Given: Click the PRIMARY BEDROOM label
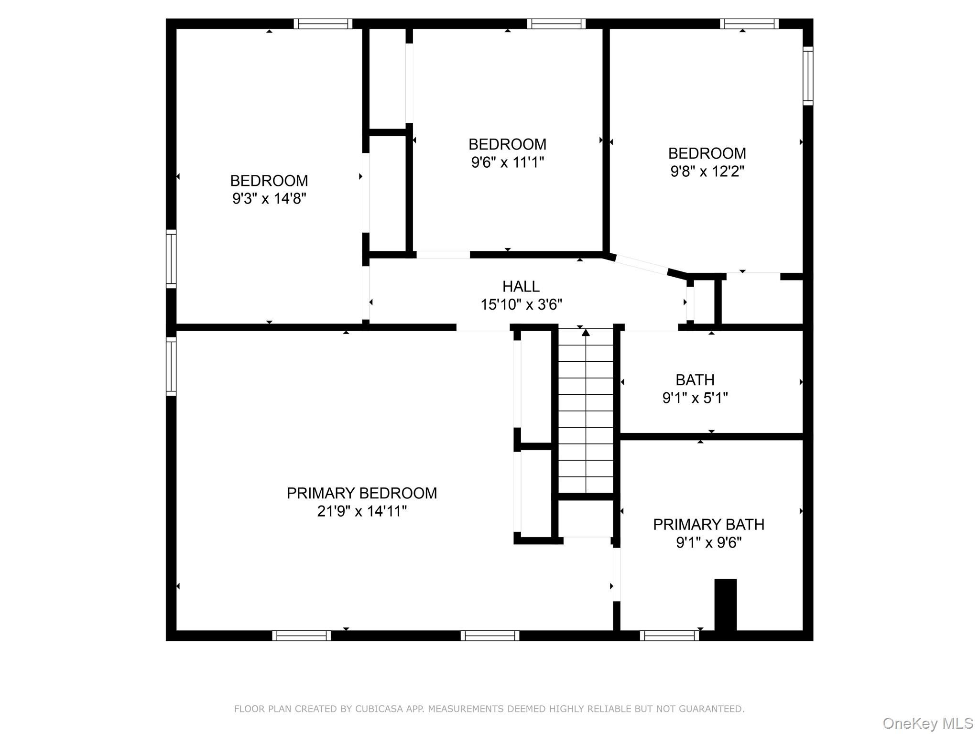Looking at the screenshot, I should click(361, 493).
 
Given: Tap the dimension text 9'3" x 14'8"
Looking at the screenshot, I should click(269, 199).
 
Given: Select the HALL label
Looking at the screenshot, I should click(521, 286).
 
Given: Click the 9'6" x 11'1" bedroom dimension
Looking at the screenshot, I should click(507, 162).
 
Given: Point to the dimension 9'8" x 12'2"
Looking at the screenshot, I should click(707, 171).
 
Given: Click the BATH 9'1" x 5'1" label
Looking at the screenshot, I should click(695, 389).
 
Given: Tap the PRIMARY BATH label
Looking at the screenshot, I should click(708, 524).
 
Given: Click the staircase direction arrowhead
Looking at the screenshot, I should click(586, 333).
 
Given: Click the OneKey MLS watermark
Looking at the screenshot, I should click(927, 723).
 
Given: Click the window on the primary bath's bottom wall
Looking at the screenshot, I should click(669, 636).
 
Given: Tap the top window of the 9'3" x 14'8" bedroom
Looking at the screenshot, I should click(323, 24).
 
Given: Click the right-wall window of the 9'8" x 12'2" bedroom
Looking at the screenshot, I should click(807, 76).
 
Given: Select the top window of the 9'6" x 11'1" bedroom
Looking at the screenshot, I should click(556, 24).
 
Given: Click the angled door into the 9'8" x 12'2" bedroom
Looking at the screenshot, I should click(641, 265).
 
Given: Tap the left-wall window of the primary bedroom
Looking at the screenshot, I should click(171, 367).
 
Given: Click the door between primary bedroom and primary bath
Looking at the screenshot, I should click(617, 574).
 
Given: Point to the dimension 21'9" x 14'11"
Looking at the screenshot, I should click(361, 511).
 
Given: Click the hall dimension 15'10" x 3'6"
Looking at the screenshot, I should click(521, 304).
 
